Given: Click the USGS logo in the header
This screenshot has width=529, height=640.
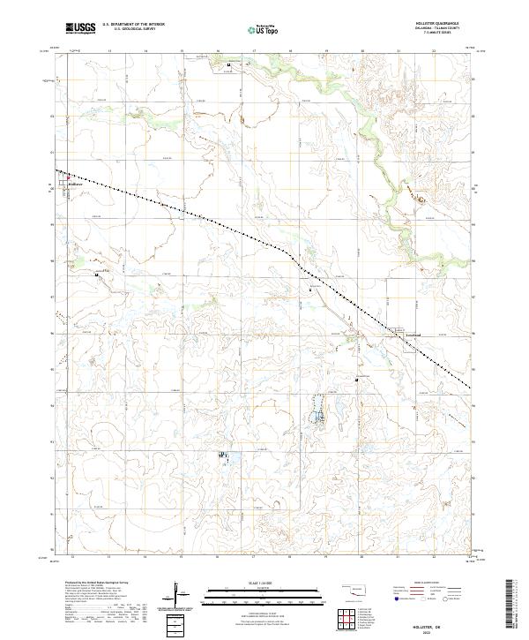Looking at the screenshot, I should click(81, 29).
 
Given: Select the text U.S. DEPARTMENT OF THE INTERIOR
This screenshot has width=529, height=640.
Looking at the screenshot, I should click(134, 25).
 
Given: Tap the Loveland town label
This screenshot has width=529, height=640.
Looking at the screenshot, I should click(414, 335).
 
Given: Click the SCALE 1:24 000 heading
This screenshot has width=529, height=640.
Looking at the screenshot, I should click(264, 582).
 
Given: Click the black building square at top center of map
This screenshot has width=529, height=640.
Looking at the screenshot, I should click(229, 65).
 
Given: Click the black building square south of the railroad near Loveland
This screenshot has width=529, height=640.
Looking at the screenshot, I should click(357, 380).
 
